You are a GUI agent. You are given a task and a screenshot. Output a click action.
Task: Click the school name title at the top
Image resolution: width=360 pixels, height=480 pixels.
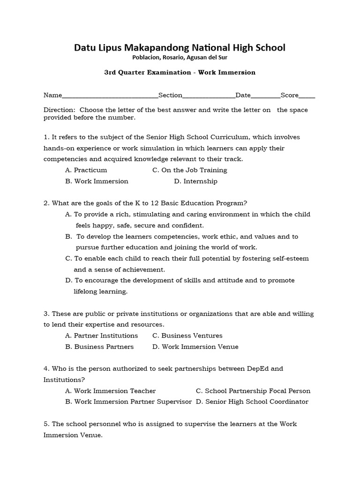pos(180,48)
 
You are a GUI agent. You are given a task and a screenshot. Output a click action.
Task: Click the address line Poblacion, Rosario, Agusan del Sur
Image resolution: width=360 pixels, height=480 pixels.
pos(180,58)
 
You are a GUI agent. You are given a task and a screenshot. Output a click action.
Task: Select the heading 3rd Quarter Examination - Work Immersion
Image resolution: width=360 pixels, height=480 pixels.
pos(180,73)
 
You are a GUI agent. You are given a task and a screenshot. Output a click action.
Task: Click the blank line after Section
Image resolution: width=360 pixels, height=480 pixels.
pos(209,96)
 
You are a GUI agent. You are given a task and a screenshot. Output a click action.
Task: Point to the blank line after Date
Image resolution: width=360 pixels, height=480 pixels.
pos(265,96)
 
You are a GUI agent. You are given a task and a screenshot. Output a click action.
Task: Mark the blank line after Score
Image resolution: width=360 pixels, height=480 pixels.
pos(307,96)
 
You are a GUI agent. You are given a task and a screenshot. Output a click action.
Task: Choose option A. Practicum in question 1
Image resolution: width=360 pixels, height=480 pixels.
pos(86,170)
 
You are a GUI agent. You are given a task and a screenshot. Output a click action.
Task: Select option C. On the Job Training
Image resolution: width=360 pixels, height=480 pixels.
pos(190,170)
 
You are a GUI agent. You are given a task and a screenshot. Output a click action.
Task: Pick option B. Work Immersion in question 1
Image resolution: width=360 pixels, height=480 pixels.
pos(97,181)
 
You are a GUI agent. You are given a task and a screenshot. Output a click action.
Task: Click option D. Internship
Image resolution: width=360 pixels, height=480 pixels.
pos(195,181)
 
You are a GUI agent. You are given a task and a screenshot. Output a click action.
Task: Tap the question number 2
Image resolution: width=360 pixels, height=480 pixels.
pos(46,203)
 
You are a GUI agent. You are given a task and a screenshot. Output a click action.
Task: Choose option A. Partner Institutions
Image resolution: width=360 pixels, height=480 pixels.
pos(102,336)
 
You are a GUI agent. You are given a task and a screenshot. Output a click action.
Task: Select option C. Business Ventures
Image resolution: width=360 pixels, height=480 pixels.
pos(187,336)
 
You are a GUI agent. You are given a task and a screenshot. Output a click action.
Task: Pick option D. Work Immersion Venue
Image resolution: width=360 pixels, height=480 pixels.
pos(194,347)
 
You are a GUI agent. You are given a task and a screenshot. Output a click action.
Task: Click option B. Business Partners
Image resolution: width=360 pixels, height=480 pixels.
pos(99,347)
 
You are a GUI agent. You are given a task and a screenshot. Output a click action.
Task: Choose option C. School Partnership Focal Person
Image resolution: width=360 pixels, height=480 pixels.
pos(253,391)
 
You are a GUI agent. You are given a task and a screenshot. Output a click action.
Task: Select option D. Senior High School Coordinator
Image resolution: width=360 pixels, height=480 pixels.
pos(252,402)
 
